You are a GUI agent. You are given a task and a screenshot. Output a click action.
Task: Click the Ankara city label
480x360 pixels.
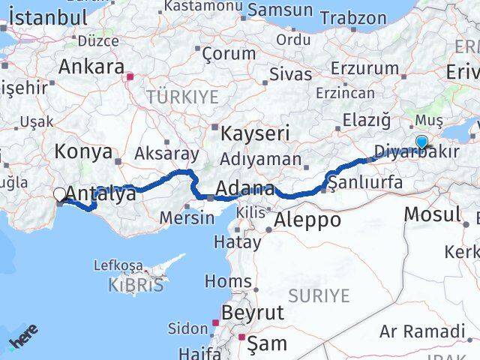click(91, 67)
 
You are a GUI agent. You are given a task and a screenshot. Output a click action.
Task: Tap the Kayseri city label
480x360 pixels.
click(255, 134)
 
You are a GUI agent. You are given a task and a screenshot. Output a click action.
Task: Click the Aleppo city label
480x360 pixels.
click(307, 220)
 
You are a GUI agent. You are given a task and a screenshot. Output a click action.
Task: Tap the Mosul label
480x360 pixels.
click(432, 214)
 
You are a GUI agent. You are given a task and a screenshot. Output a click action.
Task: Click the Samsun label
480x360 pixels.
click(280, 10)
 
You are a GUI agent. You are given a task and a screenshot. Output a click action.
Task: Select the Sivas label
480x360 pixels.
click(290, 73)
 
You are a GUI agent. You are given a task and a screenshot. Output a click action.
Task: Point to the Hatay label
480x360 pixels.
click(237, 241)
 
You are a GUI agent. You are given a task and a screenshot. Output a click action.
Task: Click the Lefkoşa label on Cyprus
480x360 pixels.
click(118, 265)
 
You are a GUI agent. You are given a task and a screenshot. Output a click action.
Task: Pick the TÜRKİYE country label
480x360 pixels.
click(182, 97)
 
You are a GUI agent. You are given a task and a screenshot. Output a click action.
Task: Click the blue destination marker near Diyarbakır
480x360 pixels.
click(421, 141)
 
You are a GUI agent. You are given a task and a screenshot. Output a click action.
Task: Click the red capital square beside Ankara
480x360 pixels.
click(130, 76)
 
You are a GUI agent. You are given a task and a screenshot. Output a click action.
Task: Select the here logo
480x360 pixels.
click(24, 342)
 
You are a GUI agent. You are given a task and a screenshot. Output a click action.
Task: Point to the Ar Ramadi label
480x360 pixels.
click(422, 331)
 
